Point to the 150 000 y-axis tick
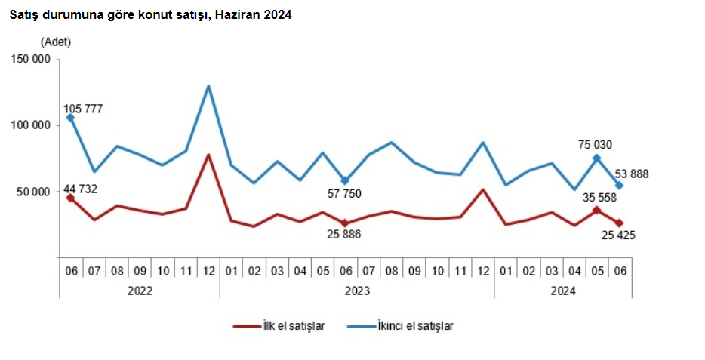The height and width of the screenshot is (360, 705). [30, 59]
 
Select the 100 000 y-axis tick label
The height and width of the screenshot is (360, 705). [30, 125]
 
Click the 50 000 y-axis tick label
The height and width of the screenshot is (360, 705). [33, 192]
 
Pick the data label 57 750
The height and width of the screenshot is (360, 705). [361, 194]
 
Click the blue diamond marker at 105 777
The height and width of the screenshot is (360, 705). [70, 118]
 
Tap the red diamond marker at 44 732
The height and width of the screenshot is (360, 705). [70, 198]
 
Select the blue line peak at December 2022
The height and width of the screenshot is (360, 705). [208, 86]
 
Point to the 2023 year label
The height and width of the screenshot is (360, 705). [356, 290]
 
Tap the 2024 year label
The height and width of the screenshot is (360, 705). [562, 290]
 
